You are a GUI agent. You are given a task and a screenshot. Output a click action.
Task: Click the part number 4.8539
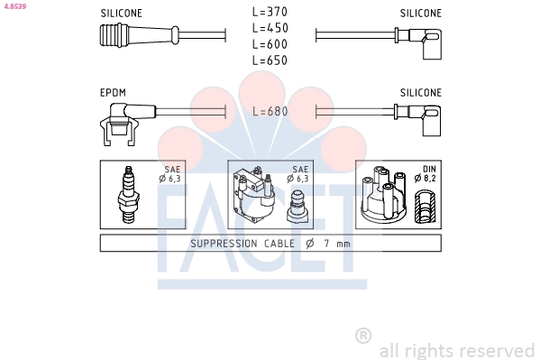coord(14,6)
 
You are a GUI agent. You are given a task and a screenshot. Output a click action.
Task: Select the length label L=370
coord(270,12)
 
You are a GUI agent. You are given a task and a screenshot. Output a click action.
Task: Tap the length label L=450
coord(270,28)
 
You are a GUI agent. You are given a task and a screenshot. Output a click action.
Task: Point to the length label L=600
coord(270,44)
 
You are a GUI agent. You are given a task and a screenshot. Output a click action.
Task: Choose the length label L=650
coord(270,60)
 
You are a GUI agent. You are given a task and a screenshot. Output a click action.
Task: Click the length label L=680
coord(270,111)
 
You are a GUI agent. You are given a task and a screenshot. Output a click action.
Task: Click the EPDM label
coord(113,93)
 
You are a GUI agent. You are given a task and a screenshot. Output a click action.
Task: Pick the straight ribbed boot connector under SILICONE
coord(140,35)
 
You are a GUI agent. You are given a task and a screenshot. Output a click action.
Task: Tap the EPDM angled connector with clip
coord(127,124)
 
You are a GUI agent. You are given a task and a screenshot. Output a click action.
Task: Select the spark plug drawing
coord(128,195)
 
